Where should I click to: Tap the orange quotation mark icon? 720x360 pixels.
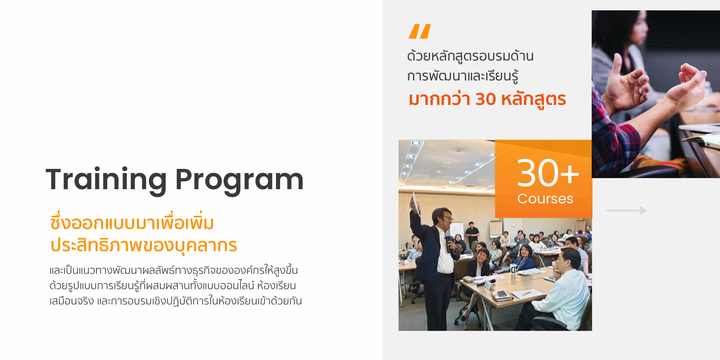pos(420,31)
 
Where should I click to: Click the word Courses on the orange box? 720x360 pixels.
pos(545,199)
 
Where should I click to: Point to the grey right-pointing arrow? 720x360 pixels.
pos(627,210)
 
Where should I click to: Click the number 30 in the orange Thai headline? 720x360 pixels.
pos(486,99)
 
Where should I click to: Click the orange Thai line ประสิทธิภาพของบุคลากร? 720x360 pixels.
pos(144,245)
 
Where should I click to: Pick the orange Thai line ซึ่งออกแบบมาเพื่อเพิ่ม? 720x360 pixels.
pos(132,222)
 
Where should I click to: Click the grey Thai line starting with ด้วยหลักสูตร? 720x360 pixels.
pos(470,56)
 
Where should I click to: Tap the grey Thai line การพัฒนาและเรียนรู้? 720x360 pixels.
pos(463,76)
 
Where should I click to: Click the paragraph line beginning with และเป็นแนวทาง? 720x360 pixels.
pos(174,270)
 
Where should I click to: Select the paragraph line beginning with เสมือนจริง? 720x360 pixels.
pos(175,301)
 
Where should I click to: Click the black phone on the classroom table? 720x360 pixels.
pos(501,294)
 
